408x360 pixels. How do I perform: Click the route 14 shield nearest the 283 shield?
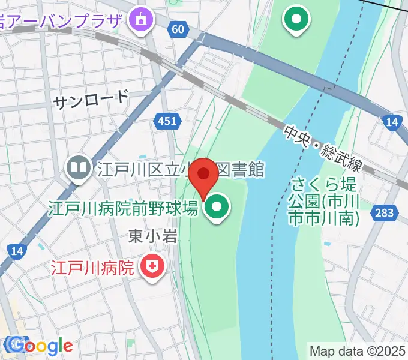(x=392, y=123)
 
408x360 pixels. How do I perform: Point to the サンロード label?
(x=91, y=100)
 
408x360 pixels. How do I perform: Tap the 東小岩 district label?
(x=152, y=236)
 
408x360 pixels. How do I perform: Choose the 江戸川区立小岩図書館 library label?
(x=180, y=170)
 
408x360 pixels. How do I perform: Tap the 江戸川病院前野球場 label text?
(x=123, y=209)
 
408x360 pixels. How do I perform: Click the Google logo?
(x=39, y=346)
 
